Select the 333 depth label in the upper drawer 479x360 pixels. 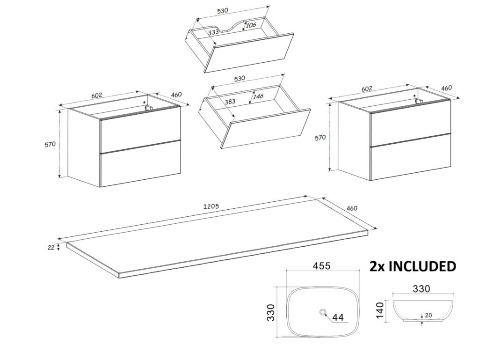[214, 32]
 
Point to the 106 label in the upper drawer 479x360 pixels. [251, 25]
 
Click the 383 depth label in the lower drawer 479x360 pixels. [229, 101]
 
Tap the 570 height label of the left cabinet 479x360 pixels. [51, 144]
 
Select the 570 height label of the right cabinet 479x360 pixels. [320, 138]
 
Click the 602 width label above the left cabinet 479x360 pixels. [97, 96]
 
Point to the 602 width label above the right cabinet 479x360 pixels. [367, 88]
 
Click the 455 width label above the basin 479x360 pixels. [322, 266]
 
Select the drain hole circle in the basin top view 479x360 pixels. [323, 312]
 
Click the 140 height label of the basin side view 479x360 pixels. [380, 309]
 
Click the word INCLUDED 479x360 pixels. [422, 266]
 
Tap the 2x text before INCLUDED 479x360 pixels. [377, 266]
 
